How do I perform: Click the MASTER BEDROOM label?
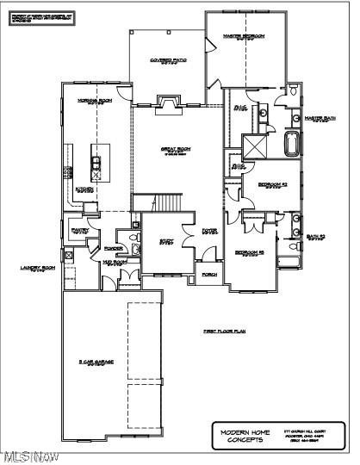(244, 37)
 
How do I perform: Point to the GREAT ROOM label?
(176, 150)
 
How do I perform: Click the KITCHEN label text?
(84, 189)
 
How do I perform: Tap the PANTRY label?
(80, 230)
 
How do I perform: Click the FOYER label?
(209, 231)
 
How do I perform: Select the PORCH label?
(208, 276)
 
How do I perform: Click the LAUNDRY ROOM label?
(37, 269)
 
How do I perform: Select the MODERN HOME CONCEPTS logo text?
(245, 435)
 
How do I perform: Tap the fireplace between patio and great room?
(166, 103)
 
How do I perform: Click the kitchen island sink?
(96, 163)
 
